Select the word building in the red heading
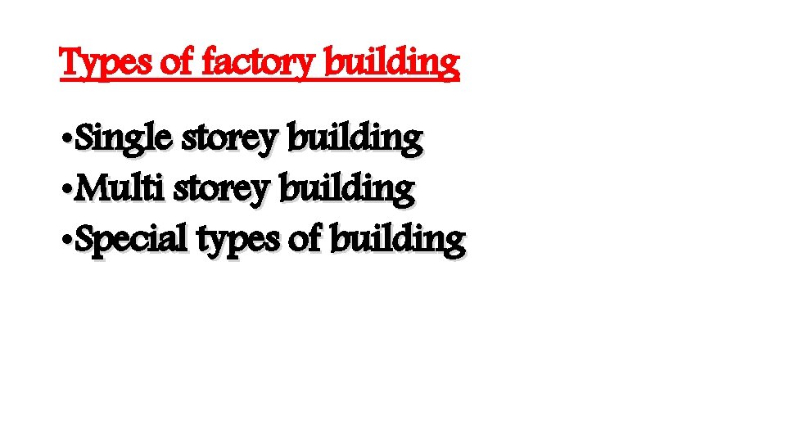coord(392,63)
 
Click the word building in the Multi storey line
coord(347,189)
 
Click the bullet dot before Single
coord(67,141)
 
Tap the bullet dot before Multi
coord(67,191)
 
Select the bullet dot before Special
coord(67,241)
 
